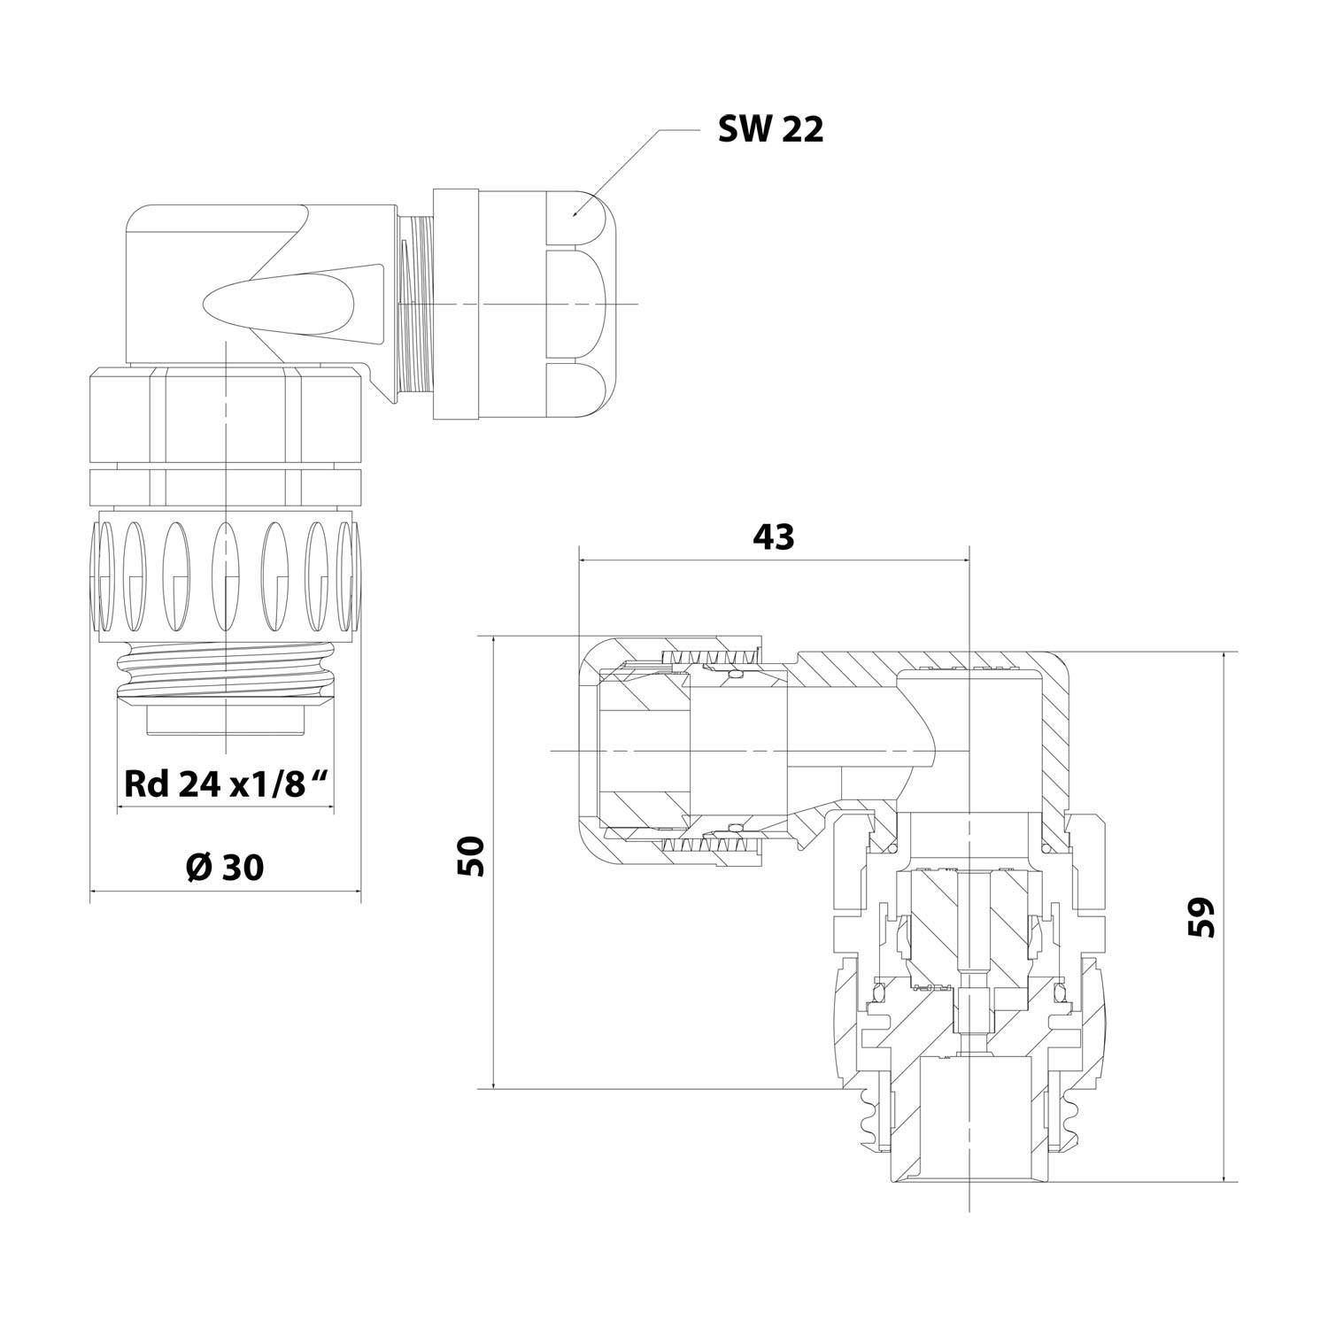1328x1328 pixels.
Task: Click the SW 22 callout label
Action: pyautogui.click(x=770, y=130)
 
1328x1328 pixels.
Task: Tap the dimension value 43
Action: pyautogui.click(x=773, y=537)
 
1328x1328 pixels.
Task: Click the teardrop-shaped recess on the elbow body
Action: pyautogui.click(x=266, y=305)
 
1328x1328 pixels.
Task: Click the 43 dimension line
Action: pyautogui.click(x=773, y=560)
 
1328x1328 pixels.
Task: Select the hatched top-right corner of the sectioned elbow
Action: pyautogui.click(x=1049, y=699)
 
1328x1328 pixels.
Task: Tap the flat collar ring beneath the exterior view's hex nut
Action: pyautogui.click(x=225, y=484)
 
